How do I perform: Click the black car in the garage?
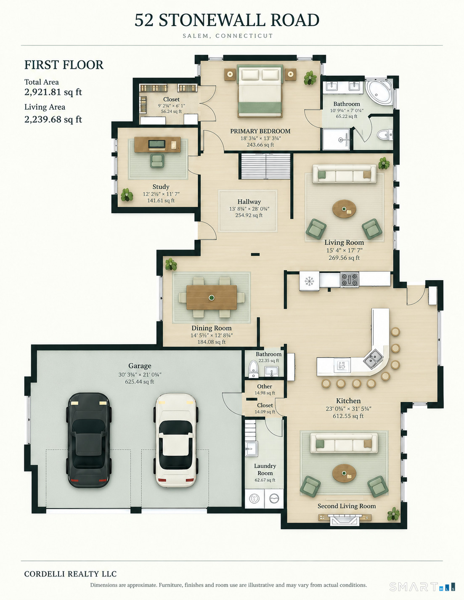click(89, 440)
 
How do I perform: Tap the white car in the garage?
click(175, 440)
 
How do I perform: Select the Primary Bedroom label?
click(260, 131)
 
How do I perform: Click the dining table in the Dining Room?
click(212, 297)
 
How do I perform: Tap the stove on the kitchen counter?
click(350, 279)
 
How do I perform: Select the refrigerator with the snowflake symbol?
click(310, 281)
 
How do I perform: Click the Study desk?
click(157, 144)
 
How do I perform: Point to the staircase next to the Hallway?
click(266, 166)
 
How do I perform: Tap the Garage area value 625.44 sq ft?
click(139, 382)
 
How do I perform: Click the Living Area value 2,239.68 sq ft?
click(53, 119)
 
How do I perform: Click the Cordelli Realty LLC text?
click(70, 574)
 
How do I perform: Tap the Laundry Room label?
click(265, 470)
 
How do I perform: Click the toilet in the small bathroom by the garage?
click(253, 369)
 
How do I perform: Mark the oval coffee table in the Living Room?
click(344, 209)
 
